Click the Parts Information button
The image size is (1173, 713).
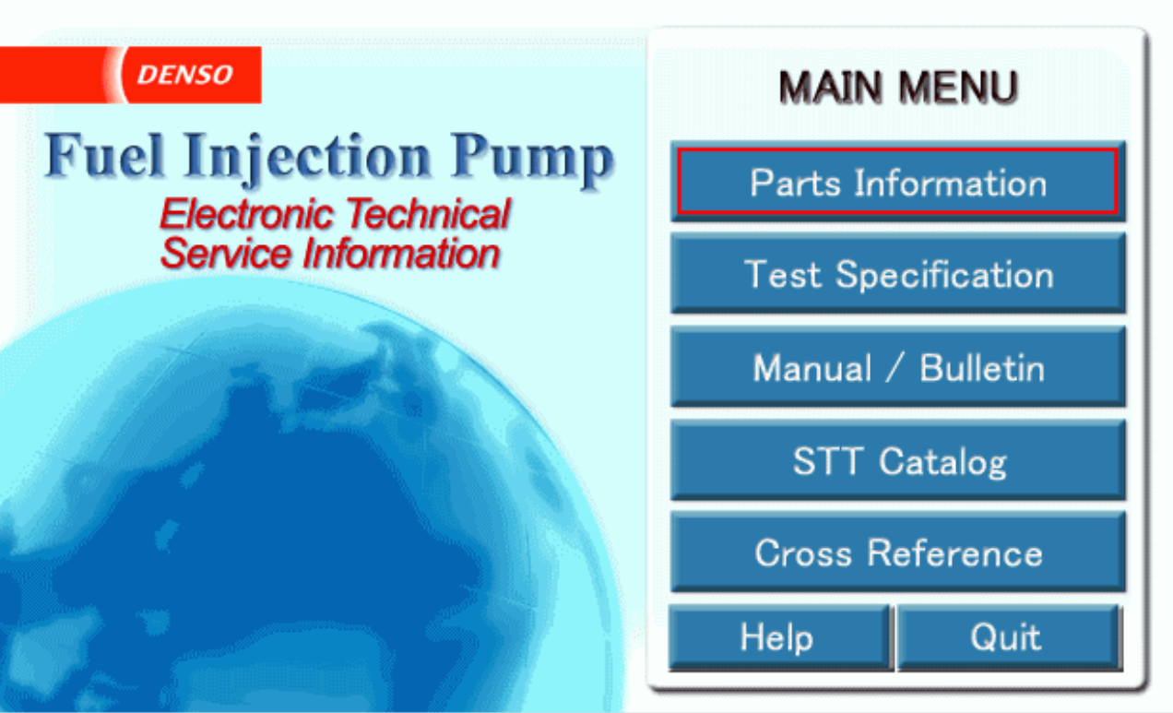[897, 182]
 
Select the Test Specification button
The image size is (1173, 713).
[897, 273]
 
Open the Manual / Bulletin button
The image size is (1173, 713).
[897, 366]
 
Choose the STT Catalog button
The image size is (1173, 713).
[897, 459]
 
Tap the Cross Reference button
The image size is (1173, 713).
[897, 553]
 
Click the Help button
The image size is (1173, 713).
[781, 637]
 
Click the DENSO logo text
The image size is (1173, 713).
[184, 75]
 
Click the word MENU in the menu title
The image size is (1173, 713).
[958, 87]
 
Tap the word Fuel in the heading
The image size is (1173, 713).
[105, 155]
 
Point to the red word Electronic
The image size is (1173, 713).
[246, 214]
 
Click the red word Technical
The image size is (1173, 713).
[429, 214]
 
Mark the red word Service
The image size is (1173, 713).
[226, 253]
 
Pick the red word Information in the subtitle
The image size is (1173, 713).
[401, 253]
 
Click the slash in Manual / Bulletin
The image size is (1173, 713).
[895, 367]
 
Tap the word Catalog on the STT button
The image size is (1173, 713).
[942, 462]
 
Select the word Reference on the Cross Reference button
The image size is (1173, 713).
[954, 553]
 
